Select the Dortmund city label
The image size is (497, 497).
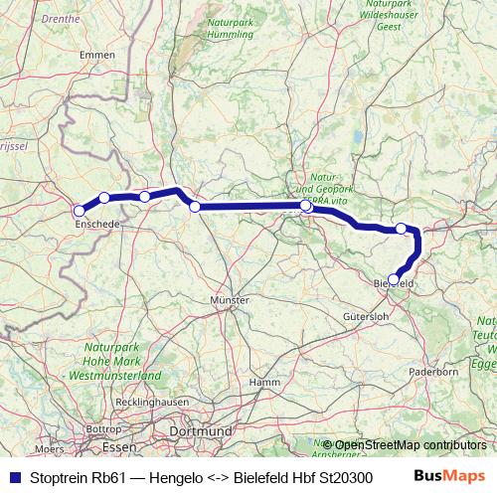(201, 431)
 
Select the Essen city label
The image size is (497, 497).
(125, 448)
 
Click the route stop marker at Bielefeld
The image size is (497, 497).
(395, 279)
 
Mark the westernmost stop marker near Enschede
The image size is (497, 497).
(79, 210)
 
